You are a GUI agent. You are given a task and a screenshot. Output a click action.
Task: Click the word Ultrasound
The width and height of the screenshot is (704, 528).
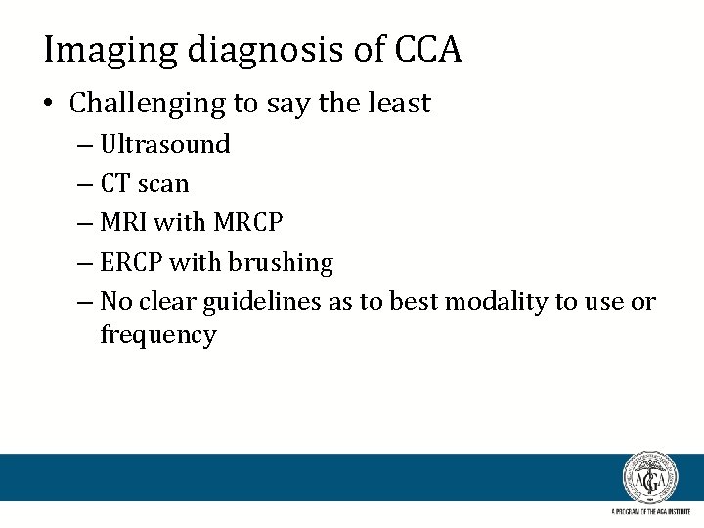(x=165, y=144)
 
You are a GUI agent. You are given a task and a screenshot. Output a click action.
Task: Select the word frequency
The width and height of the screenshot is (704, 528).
(x=157, y=335)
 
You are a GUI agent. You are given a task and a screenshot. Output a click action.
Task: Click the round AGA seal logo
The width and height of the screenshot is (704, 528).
(x=649, y=478)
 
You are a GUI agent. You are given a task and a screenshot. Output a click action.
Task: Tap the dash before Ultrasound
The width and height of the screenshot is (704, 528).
(x=83, y=145)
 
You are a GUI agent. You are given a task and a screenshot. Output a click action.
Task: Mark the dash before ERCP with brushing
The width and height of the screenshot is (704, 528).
(x=83, y=264)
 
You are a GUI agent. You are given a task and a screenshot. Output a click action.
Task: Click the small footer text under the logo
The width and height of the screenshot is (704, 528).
(x=649, y=511)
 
